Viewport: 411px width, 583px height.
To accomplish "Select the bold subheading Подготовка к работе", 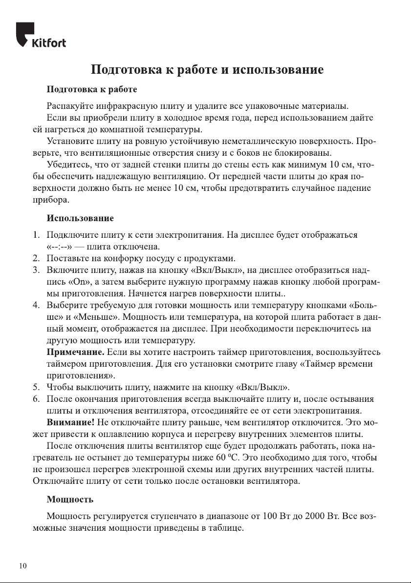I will click(x=91, y=90).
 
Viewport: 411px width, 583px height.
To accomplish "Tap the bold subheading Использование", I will click(x=80, y=217).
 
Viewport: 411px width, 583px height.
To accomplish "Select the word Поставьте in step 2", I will click(x=67, y=259).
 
